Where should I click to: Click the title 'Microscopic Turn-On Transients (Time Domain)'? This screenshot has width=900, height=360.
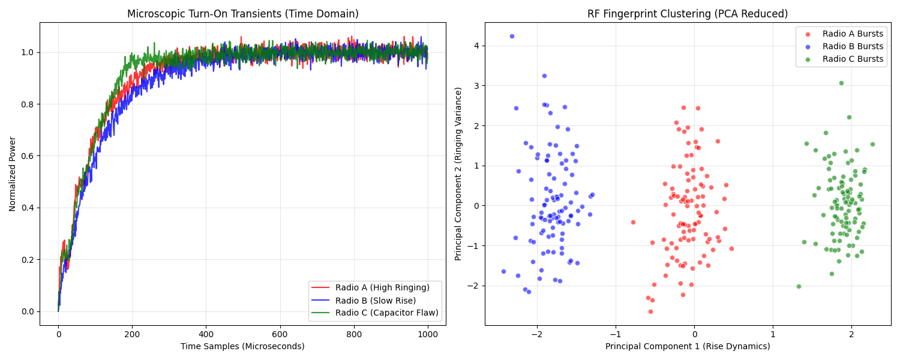pyautogui.click(x=242, y=14)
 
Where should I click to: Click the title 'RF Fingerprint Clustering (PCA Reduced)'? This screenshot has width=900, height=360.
pyautogui.click(x=688, y=14)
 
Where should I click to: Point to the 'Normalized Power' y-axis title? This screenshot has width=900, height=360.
pyautogui.click(x=13, y=174)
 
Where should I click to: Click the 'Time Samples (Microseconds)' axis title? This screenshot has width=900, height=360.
pyautogui.click(x=242, y=346)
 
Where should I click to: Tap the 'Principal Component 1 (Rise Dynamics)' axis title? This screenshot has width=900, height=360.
pyautogui.click(x=688, y=346)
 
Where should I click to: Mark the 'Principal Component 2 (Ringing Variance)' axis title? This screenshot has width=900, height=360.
pyautogui.click(x=458, y=174)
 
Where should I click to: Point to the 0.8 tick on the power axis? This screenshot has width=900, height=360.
pyautogui.click(x=28, y=104)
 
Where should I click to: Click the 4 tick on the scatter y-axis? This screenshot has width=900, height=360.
pyautogui.click(x=476, y=46)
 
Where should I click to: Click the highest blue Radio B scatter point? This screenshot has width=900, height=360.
pyautogui.click(x=512, y=36)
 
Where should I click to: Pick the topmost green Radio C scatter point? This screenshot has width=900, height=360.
pyautogui.click(x=841, y=83)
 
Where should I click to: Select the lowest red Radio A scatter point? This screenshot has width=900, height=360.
pyautogui.click(x=650, y=311)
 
